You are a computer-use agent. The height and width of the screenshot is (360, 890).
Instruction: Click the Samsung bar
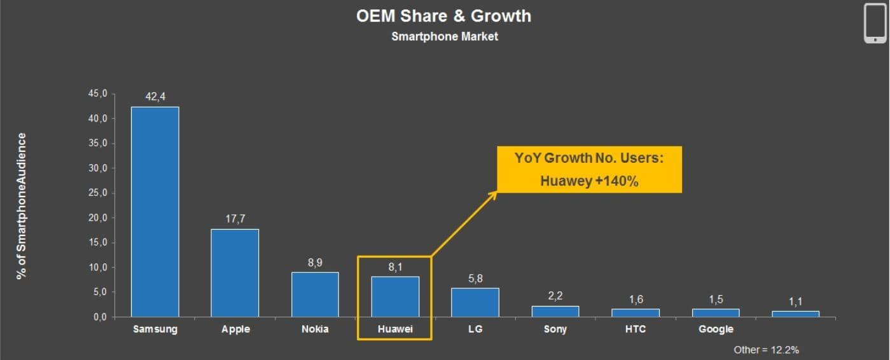click(155, 212)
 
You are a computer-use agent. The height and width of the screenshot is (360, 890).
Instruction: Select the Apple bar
click(235, 273)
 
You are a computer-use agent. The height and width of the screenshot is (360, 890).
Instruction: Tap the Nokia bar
click(315, 294)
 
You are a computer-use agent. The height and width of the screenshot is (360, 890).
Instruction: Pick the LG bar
click(475, 302)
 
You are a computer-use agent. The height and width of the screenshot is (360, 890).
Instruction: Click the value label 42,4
click(155, 96)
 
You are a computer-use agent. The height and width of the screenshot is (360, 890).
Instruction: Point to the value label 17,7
click(235, 218)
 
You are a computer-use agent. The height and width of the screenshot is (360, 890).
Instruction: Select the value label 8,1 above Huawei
click(395, 267)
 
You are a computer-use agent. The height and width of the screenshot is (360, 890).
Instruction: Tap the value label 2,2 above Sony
click(555, 296)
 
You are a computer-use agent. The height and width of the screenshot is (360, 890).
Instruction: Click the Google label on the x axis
click(716, 329)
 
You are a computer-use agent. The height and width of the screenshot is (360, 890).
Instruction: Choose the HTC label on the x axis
click(636, 329)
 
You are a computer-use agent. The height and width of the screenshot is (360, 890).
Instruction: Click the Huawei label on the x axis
click(395, 329)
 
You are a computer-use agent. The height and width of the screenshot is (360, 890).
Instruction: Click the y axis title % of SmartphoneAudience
click(22, 205)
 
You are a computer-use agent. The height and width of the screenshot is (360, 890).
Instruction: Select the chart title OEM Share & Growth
click(443, 16)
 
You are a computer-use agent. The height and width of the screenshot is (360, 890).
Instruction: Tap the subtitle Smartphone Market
click(445, 37)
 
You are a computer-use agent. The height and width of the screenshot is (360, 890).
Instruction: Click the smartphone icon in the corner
click(875, 23)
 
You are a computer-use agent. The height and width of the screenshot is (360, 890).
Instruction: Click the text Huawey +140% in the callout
click(589, 181)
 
